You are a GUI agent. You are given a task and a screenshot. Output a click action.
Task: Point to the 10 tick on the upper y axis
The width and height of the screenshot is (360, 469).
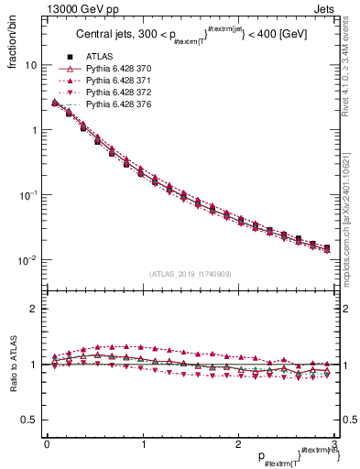pyautogui.click(x=31, y=66)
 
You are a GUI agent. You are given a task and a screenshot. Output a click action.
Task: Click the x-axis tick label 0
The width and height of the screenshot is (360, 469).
pyautogui.click(x=47, y=445)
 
